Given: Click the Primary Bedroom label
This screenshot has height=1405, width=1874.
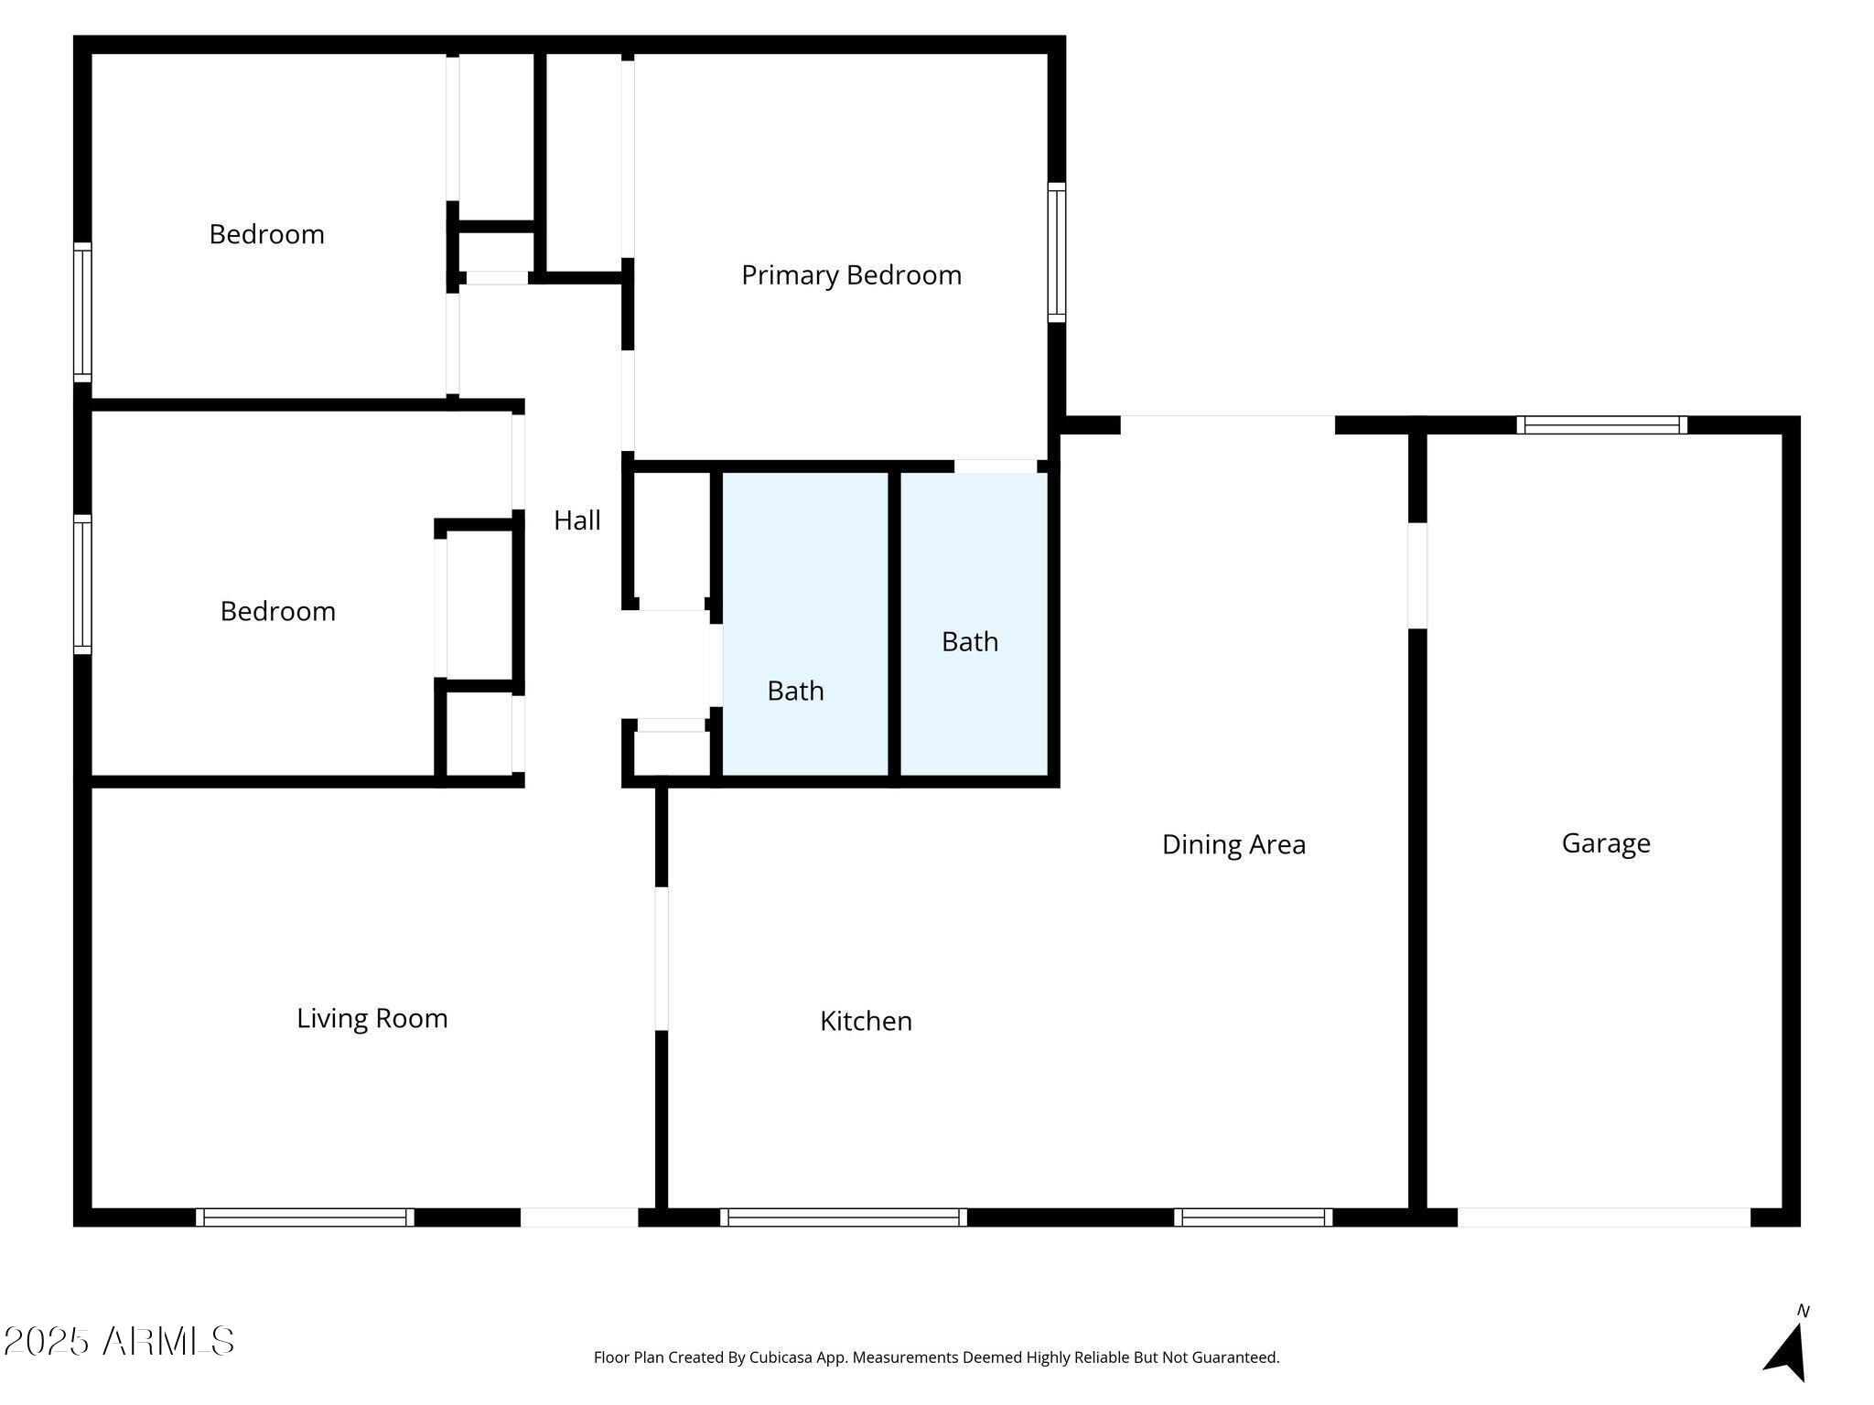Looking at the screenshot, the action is [x=851, y=275].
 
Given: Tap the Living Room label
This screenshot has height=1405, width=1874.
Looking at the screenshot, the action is [x=372, y=1018].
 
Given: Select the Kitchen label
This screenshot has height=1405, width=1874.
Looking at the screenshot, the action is [x=866, y=1021].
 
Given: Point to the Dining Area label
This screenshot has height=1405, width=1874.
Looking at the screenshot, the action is [x=1233, y=844].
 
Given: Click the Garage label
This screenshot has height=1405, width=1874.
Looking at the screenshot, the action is [x=1606, y=843].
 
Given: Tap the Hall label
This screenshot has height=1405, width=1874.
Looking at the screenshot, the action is [x=577, y=520].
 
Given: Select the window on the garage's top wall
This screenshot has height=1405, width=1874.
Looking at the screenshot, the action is [x=1602, y=424].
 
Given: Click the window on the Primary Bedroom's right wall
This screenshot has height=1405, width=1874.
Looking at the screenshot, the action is [x=1057, y=252].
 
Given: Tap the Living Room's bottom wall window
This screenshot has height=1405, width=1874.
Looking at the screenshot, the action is [x=305, y=1217].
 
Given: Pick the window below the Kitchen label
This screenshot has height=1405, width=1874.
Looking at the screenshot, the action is [x=844, y=1217].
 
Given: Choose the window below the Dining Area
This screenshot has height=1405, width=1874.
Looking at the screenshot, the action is [x=1254, y=1217].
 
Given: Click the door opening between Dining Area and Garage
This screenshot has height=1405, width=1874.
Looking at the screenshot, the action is [x=1417, y=575].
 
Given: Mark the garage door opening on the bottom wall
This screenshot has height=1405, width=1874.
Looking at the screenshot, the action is [x=1604, y=1217].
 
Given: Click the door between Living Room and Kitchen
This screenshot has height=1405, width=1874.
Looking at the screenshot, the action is [x=662, y=959].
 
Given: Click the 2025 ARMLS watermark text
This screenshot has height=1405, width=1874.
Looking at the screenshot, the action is [x=119, y=1342].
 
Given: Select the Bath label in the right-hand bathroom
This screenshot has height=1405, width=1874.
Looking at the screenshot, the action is [x=970, y=642].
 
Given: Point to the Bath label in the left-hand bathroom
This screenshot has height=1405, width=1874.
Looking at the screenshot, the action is [x=795, y=691].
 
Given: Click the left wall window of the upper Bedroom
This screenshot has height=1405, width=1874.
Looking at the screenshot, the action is [x=82, y=313].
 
